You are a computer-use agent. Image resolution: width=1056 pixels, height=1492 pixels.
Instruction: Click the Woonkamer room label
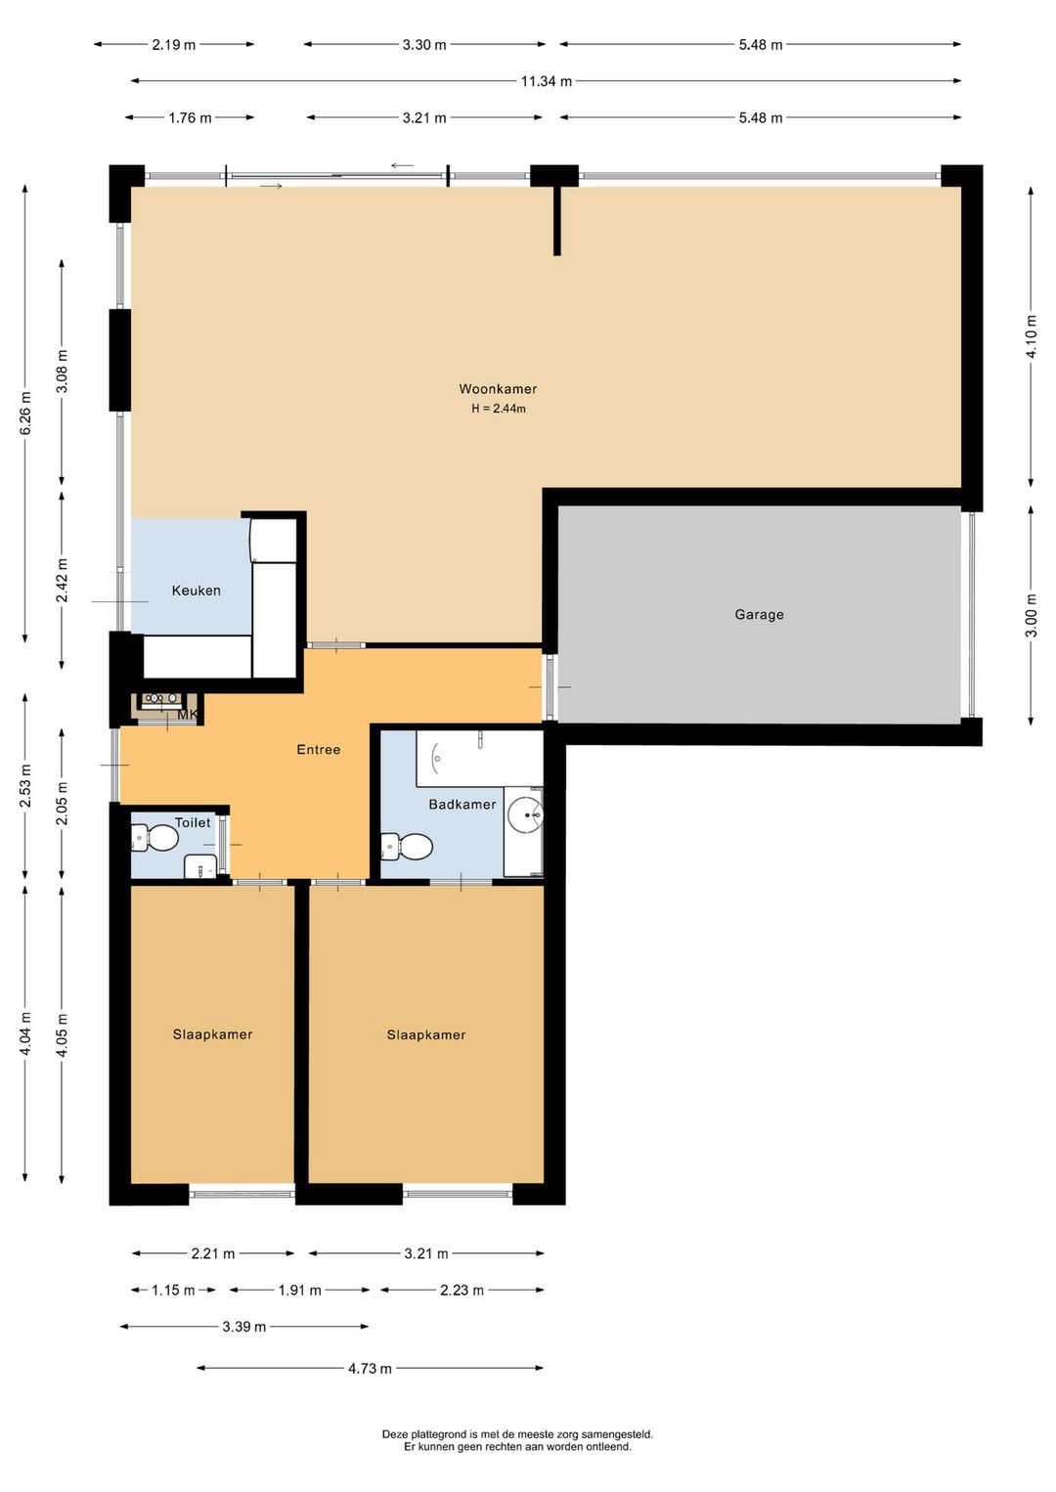(x=498, y=388)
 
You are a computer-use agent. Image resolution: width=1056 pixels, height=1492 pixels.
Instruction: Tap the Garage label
(x=759, y=614)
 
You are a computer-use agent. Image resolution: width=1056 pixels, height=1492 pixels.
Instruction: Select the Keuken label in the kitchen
(x=196, y=591)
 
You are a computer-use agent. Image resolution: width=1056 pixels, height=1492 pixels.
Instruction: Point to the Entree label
(x=319, y=749)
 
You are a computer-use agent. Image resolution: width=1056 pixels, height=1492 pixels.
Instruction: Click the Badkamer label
(x=462, y=804)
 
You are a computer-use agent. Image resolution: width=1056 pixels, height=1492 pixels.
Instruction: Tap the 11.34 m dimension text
(x=547, y=81)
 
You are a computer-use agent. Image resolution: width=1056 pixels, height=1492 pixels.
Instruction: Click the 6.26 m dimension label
(x=25, y=413)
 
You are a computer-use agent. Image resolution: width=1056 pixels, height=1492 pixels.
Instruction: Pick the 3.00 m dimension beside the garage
(x=1031, y=615)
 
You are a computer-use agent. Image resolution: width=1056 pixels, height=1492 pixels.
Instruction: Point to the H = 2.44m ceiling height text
(x=499, y=409)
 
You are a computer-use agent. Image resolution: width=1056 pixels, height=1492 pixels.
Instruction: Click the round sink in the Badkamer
(x=526, y=813)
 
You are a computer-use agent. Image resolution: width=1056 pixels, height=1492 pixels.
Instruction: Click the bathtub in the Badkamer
(x=479, y=759)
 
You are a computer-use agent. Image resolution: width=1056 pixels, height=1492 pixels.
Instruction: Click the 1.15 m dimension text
(x=173, y=1291)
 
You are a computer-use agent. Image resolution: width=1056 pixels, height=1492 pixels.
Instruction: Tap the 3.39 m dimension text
(x=243, y=1327)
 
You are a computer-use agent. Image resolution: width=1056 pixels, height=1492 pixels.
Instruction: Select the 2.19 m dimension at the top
(x=174, y=45)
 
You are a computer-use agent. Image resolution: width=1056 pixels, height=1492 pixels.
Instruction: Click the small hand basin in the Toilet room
(x=200, y=866)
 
